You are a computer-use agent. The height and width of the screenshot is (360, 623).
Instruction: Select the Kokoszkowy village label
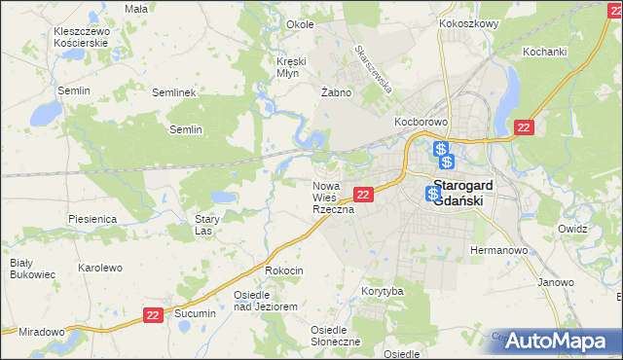coord(468,22)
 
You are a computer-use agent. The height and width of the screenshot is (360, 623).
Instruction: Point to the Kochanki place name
coord(544,51)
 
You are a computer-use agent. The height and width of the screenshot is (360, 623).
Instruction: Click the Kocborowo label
coord(420,122)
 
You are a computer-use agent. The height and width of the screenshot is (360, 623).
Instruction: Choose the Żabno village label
coord(335,92)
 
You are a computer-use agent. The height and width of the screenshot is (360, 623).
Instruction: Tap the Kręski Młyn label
coord(291,66)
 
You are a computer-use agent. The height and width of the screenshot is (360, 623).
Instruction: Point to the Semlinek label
coord(175,92)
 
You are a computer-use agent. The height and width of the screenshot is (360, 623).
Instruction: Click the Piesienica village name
coord(93,219)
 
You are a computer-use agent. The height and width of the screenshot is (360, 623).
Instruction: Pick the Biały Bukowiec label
coord(21,269)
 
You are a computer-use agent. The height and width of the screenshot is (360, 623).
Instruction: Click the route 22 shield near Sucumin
coord(152,314)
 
